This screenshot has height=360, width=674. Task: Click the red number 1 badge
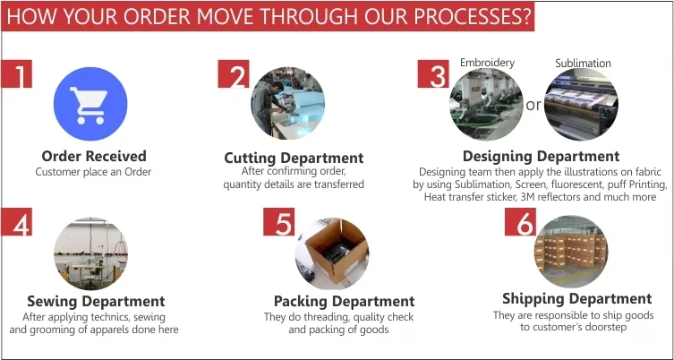pos(17,74)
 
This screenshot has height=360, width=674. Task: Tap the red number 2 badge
pos(234,74)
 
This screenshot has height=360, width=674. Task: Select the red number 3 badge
pos(433,74)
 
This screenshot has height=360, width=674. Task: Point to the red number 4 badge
pos(17,222)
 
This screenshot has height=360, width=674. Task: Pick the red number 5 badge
pos(279,222)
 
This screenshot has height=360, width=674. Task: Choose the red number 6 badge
pos(521,222)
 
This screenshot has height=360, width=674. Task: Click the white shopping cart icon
pos(89,106)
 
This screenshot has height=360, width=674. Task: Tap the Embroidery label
pos(488,63)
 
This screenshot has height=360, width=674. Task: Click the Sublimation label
pos(583,64)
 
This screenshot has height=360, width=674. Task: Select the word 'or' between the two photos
pos(533,105)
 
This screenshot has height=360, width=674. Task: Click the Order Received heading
pos(94,156)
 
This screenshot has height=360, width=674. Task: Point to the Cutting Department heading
pos(294,158)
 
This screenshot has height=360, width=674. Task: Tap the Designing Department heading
pos(542,156)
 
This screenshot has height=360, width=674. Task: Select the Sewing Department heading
pos(96,301)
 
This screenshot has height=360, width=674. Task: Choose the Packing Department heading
pos(345,301)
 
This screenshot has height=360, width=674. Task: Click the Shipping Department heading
pos(576,298)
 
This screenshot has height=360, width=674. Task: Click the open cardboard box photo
pos(332,253)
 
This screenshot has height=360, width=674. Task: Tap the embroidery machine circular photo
pos(487,104)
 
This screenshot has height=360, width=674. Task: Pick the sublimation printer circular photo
pos(581,104)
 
